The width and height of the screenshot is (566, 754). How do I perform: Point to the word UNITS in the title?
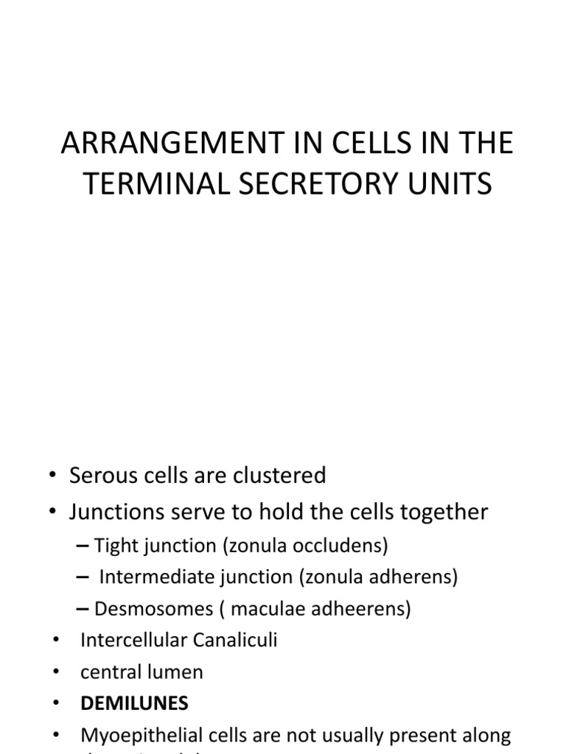pyautogui.click(x=451, y=183)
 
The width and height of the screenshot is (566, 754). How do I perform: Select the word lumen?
pyautogui.click(x=173, y=672)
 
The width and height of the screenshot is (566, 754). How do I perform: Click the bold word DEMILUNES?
pyautogui.click(x=134, y=704)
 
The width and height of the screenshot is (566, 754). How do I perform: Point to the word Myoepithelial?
pyautogui.click(x=139, y=736)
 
